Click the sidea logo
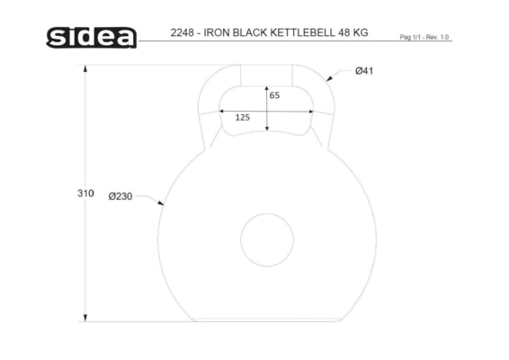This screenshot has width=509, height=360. [x=91, y=38]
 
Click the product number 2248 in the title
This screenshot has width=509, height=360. [x=183, y=32]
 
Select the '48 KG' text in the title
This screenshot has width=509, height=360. [x=353, y=32]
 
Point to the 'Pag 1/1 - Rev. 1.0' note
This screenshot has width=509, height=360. [x=424, y=37]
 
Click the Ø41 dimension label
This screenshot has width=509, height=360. [x=364, y=70]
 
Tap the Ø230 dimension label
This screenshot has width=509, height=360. [x=121, y=196]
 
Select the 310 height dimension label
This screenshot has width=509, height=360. [x=85, y=193]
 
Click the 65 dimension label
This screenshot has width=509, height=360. [x=274, y=95]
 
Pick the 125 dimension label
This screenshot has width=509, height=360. [x=243, y=117]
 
